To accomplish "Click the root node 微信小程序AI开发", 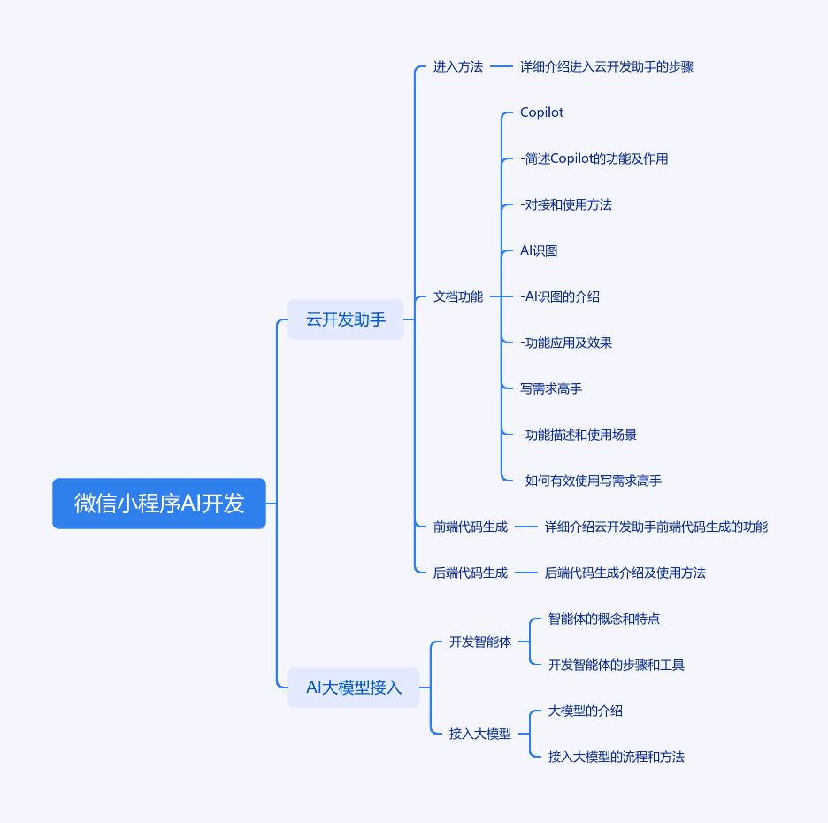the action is click(159, 504).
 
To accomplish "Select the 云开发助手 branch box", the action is click(346, 319).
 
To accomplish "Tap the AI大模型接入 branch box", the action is click(354, 688).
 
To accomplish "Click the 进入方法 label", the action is click(458, 66).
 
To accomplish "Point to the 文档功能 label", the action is click(458, 296).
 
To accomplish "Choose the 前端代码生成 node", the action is click(471, 527).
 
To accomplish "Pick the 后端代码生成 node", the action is click(471, 573).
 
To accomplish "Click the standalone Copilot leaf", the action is click(541, 112).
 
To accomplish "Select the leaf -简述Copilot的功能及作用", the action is click(594, 158).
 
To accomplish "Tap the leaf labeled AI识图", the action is click(539, 250).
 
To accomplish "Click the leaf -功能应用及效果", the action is click(566, 342).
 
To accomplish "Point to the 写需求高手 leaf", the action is click(551, 388).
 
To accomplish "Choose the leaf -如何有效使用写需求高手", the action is click(591, 481).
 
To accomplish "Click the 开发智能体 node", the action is click(480, 642).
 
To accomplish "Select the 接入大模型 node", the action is click(480, 734).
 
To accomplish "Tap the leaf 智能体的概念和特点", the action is click(604, 619).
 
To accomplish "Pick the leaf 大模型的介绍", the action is click(585, 711).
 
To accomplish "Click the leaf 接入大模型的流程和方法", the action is click(617, 757).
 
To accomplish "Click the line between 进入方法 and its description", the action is click(501, 66).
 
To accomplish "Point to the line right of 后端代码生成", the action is click(526, 573).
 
